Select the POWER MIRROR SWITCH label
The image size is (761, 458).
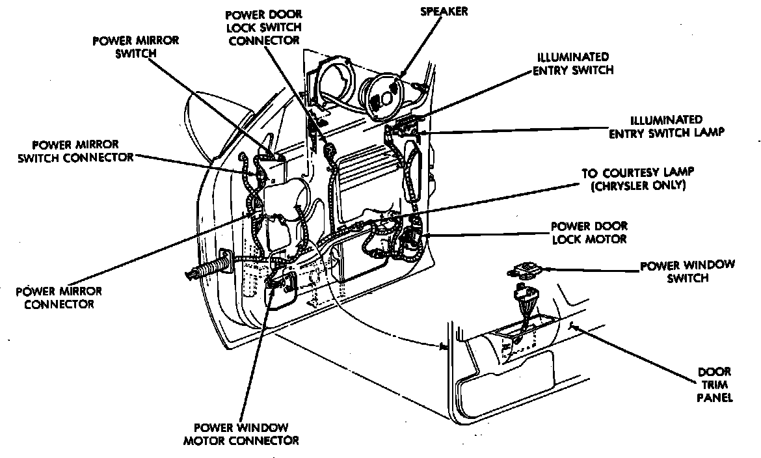click(x=135, y=46)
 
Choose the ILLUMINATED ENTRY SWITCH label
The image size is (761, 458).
click(x=572, y=63)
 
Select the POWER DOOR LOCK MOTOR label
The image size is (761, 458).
click(x=589, y=232)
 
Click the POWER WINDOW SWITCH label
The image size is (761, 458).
click(x=688, y=271)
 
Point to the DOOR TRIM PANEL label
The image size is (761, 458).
click(x=715, y=384)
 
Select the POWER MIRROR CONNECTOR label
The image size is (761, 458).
click(x=59, y=297)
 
